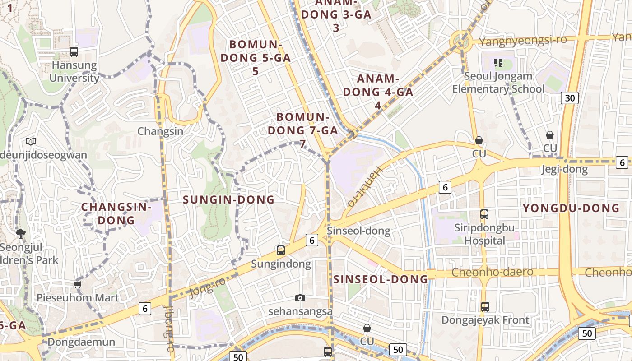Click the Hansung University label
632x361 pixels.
tap(74, 71)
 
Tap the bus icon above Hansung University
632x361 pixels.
tap(74, 52)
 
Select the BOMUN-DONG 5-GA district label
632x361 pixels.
tap(256, 58)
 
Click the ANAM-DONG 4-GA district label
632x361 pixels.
tap(378, 92)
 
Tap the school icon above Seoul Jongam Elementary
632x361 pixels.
tap(498, 63)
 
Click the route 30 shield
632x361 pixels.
tap(570, 97)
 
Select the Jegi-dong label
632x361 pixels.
tap(564, 170)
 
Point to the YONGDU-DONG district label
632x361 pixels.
tap(571, 208)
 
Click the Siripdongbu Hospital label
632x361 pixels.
tap(485, 234)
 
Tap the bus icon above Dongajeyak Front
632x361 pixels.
tap(485, 307)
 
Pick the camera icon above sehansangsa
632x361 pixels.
tap(300, 298)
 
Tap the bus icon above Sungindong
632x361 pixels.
tap(281, 250)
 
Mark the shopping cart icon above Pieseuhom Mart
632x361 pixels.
tap(77, 284)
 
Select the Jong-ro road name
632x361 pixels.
tap(207, 287)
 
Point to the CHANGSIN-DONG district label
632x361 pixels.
tap(116, 213)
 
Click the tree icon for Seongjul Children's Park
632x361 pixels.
tap(20, 234)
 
